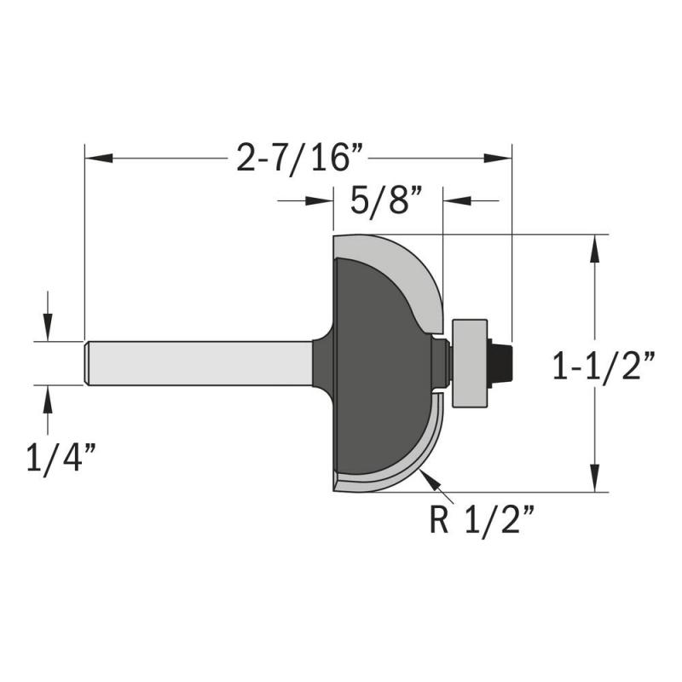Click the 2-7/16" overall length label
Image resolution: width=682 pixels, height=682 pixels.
[300, 159]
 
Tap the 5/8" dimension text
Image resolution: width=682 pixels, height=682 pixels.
[386, 200]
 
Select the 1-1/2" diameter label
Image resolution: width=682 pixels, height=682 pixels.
[604, 366]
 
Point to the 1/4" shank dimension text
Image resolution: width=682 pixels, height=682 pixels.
[61, 457]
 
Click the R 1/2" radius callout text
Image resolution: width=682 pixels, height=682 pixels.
[481, 520]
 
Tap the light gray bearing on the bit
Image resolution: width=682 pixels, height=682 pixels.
[470, 364]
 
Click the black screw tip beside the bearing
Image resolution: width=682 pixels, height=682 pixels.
[500, 364]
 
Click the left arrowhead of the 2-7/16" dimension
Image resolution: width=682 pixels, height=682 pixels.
[99, 159]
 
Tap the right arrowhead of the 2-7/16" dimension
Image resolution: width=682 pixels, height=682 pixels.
[498, 159]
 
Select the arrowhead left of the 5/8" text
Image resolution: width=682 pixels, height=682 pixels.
[320, 201]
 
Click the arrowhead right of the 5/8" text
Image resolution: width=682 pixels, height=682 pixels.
[457, 201]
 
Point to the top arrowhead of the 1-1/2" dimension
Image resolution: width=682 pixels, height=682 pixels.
[594, 249]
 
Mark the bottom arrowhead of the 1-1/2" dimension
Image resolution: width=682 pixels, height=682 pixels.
[594, 478]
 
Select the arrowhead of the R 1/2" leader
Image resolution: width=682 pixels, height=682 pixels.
[431, 481]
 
